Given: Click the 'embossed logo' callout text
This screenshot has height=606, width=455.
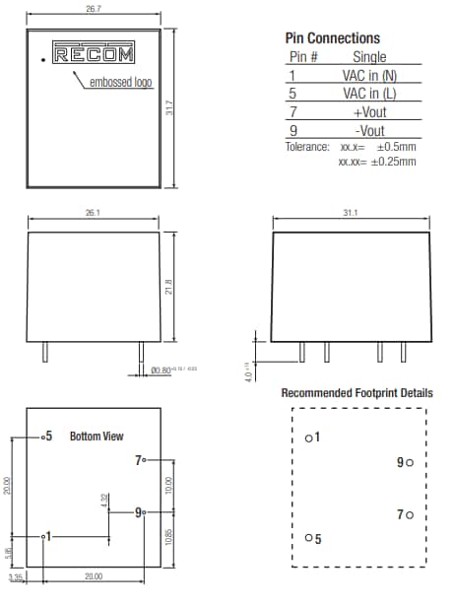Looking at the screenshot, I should [x=122, y=83].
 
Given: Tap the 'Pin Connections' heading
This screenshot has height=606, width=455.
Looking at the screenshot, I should [x=332, y=37].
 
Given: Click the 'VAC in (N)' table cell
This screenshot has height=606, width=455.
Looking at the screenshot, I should [x=369, y=75].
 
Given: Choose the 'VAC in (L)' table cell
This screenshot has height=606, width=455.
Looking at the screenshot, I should [x=369, y=94].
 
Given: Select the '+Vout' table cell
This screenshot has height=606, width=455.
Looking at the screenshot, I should [x=369, y=112].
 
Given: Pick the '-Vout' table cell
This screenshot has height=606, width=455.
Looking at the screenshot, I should [x=369, y=131].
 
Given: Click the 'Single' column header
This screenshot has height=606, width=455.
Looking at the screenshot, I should [x=369, y=57].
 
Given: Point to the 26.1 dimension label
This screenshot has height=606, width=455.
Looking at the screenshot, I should [x=95, y=213].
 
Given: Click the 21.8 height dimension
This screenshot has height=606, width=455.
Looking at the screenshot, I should [x=169, y=288].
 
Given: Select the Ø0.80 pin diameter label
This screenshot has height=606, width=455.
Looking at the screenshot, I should [x=162, y=370].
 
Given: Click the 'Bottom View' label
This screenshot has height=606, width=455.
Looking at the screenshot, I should [x=97, y=436].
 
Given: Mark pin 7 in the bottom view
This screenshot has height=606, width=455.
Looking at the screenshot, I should [x=142, y=459].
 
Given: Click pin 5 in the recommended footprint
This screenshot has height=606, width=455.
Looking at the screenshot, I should [x=311, y=538].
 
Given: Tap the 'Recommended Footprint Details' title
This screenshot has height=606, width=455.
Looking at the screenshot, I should [x=357, y=393].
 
